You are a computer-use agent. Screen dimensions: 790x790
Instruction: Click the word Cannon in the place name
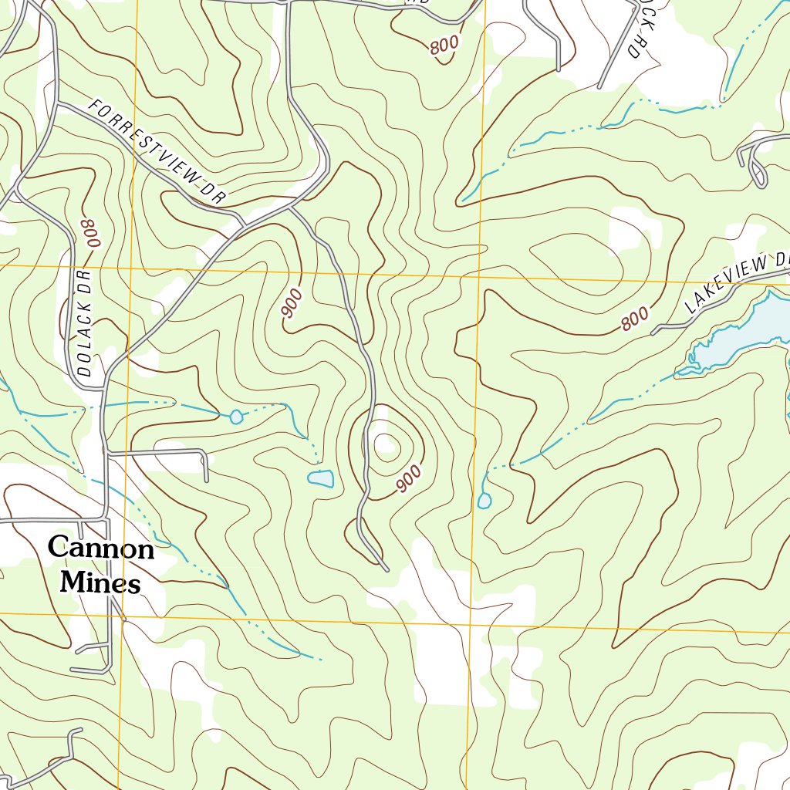click(x=101, y=549)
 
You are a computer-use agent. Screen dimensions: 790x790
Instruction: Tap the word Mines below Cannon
click(x=100, y=582)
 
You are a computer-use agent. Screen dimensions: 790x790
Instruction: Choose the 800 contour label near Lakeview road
click(x=634, y=319)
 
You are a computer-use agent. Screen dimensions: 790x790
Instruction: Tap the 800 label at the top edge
click(x=444, y=46)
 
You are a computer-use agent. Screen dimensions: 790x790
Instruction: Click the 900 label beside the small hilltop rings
click(x=408, y=479)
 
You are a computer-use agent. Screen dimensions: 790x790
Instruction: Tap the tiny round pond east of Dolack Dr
click(x=236, y=417)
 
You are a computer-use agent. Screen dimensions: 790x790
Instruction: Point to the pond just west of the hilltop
click(x=320, y=479)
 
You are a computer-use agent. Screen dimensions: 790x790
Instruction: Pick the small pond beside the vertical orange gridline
click(x=484, y=501)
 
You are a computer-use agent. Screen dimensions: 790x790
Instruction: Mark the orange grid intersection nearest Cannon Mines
click(x=124, y=616)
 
